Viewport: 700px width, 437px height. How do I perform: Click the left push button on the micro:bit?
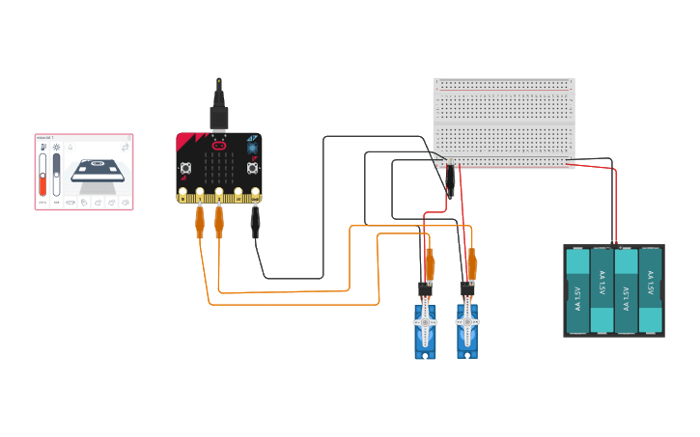click(x=185, y=168)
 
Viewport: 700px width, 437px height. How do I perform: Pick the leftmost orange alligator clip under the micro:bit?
click(x=199, y=222)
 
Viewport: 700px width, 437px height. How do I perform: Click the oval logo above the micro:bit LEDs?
click(x=218, y=146)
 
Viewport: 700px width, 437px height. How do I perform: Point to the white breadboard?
click(x=504, y=123)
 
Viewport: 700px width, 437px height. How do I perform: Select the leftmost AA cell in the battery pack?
click(x=577, y=290)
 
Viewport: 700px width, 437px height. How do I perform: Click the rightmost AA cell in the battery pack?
click(x=650, y=290)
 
